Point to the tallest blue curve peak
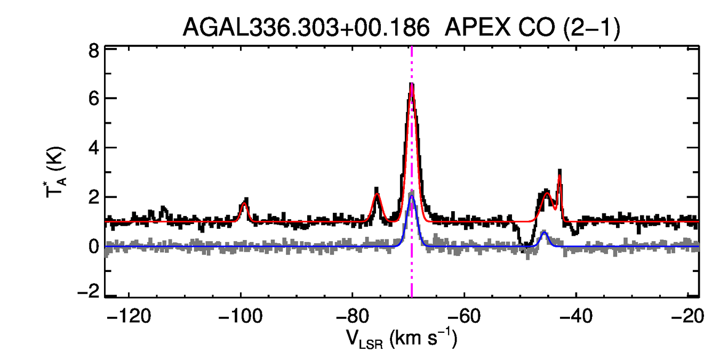tap(412, 196)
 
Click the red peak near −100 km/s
tap(245, 203)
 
